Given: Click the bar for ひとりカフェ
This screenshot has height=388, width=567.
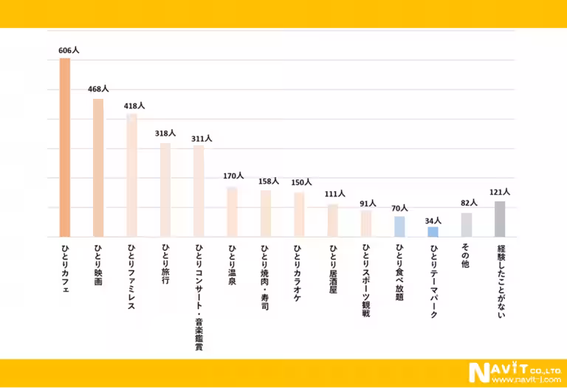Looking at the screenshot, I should tap(65, 148).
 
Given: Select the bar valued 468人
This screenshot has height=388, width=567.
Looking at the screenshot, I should tap(98, 167).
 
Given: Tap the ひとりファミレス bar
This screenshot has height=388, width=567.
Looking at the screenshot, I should tap(131, 175).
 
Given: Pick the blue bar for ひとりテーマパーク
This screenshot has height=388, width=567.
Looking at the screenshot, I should tap(433, 232).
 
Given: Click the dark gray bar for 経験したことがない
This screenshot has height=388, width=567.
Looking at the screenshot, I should tap(500, 218).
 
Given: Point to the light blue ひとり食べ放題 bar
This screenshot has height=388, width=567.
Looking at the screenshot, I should tap(399, 226).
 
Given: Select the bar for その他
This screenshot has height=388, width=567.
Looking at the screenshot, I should tap(467, 224).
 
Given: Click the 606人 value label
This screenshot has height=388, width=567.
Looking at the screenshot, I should tap(69, 50).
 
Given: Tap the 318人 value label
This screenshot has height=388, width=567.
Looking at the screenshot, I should tap(165, 134).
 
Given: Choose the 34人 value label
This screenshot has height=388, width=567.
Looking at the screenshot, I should tap(433, 221).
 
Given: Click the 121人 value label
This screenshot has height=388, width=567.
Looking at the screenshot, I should tap(500, 192).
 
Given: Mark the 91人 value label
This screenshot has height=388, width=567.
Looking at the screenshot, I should tap(368, 204).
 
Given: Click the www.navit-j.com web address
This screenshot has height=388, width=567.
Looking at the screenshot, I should tap(526, 379).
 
